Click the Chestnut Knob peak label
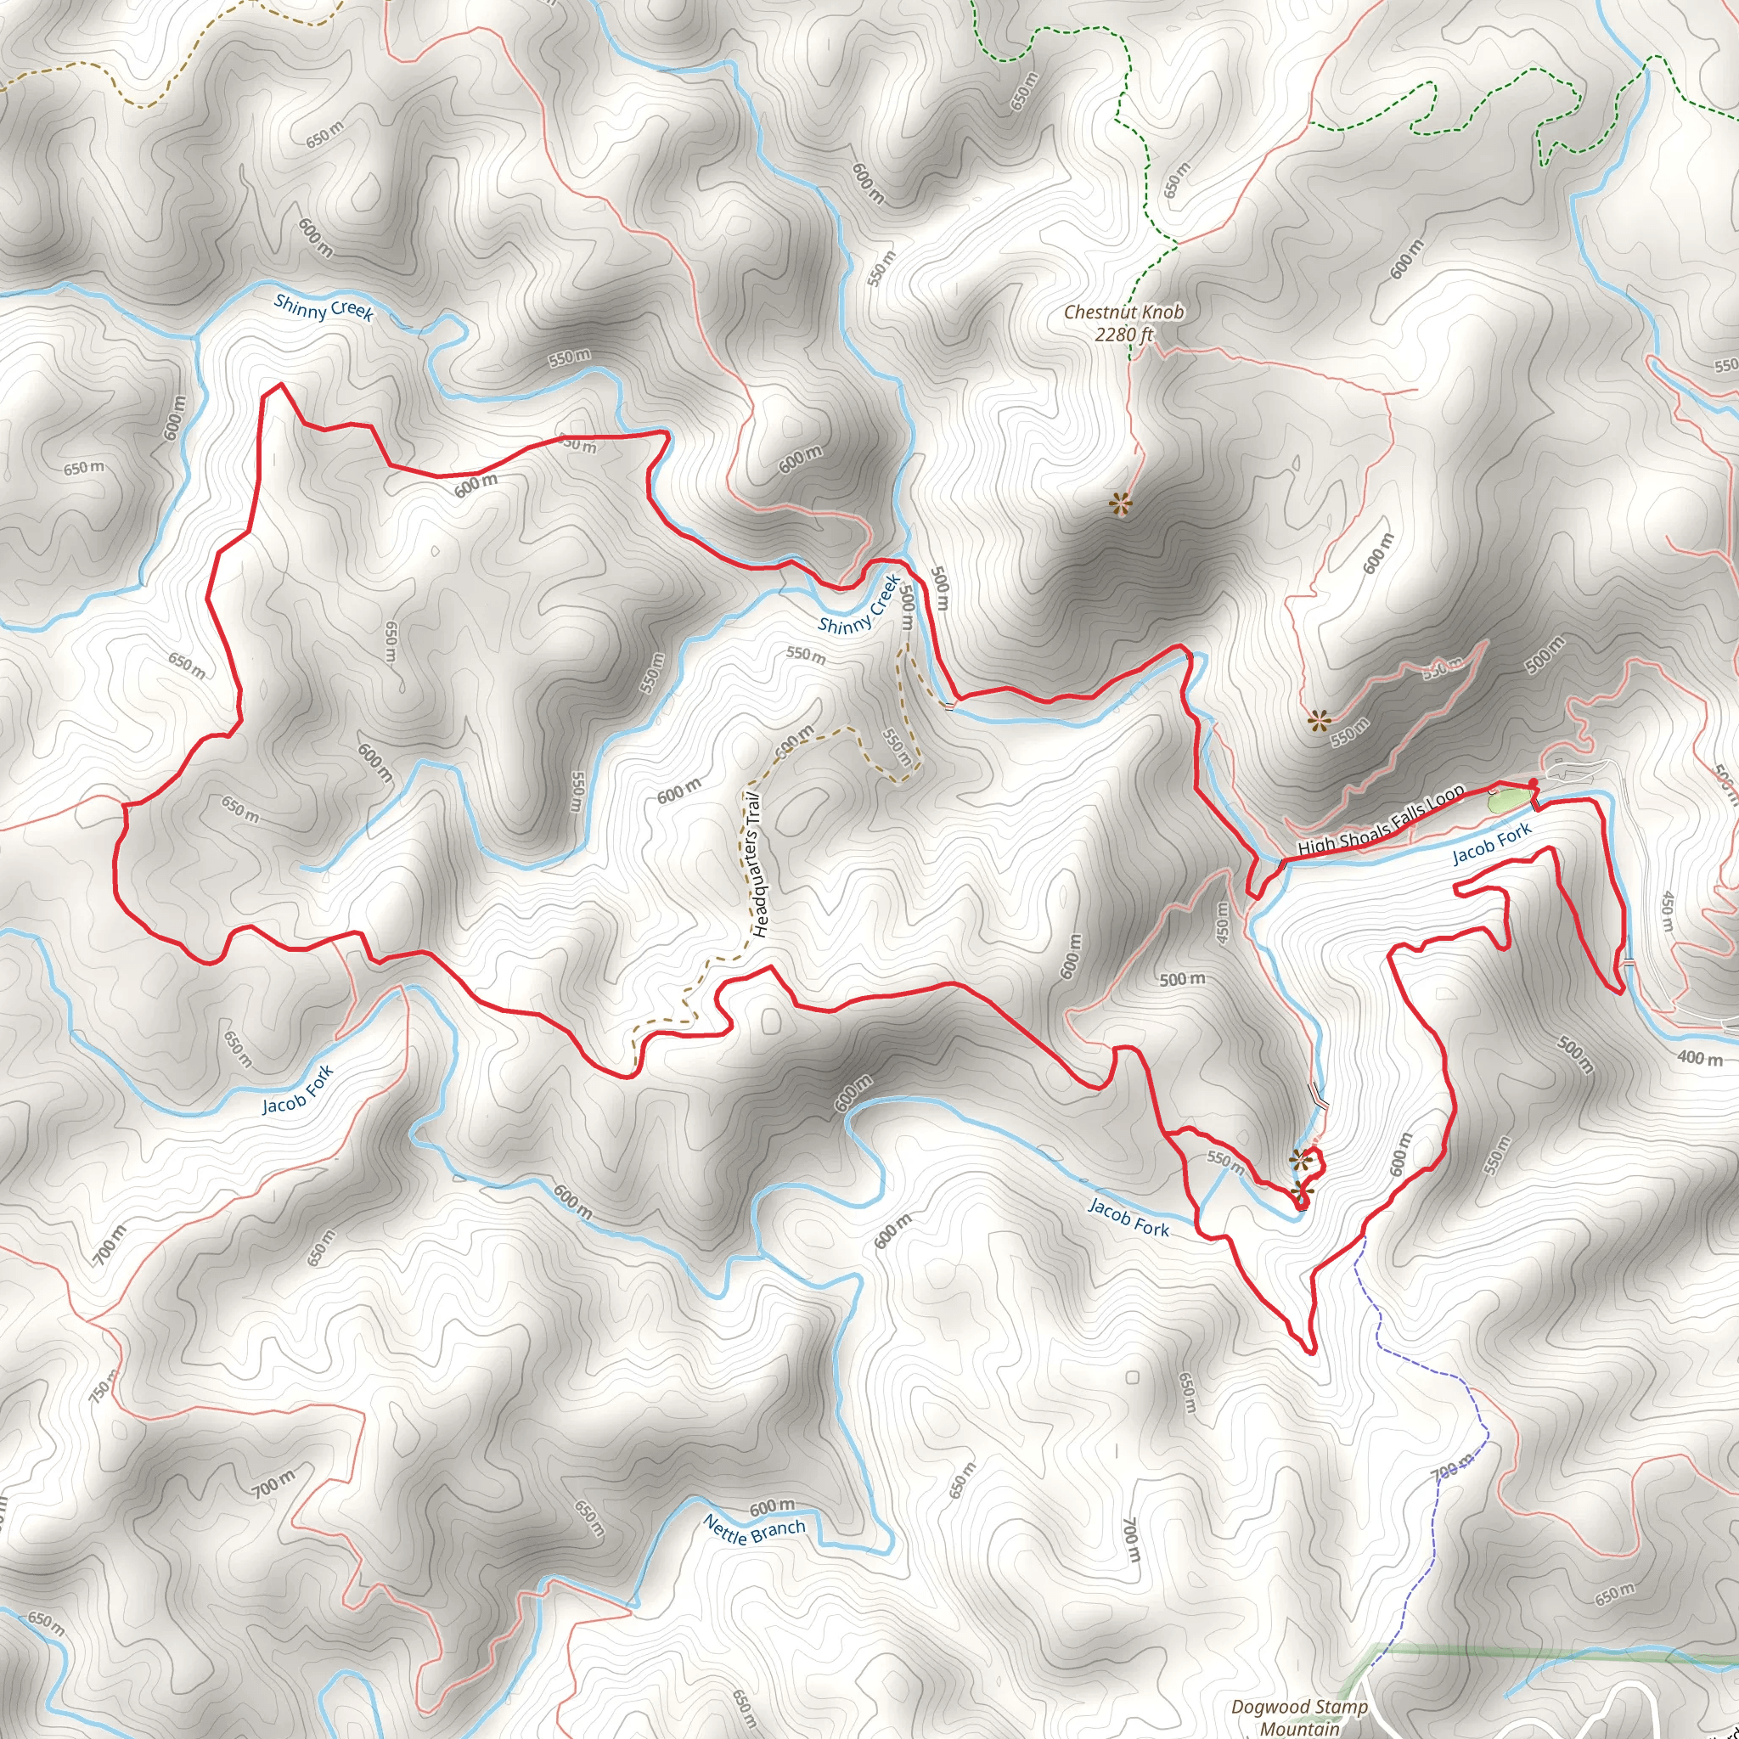click(1123, 312)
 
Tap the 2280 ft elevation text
click(1123, 335)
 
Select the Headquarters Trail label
click(756, 864)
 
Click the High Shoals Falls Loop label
click(1381, 821)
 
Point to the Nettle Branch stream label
click(753, 1529)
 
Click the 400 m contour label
click(1699, 1058)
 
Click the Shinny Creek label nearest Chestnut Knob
click(858, 604)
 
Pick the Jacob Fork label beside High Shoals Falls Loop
click(1491, 843)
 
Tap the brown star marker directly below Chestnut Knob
click(1120, 504)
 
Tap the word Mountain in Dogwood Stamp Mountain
click(1299, 1728)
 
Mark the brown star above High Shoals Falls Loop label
click(1319, 720)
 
